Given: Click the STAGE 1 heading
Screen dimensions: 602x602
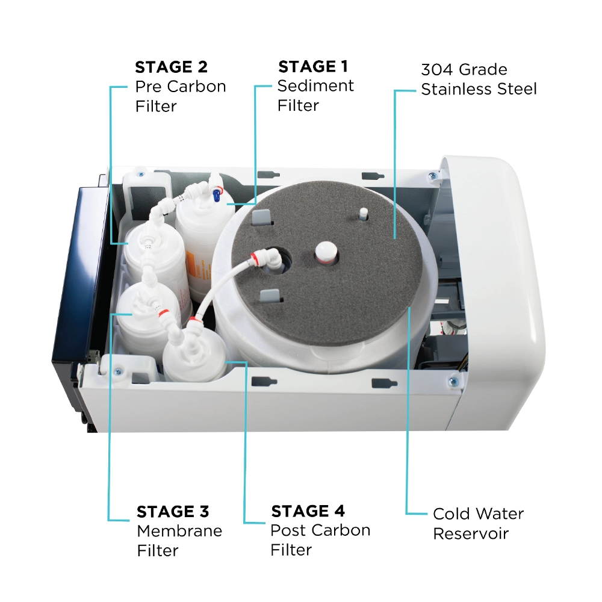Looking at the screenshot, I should (x=312, y=66).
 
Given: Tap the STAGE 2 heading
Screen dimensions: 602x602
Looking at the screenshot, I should (x=171, y=66).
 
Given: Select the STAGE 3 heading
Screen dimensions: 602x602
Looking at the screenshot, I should (x=173, y=512).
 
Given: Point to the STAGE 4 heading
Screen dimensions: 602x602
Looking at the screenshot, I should (x=308, y=512).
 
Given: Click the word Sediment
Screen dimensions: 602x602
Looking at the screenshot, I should (x=315, y=86).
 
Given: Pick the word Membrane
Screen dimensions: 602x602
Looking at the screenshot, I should (x=179, y=531).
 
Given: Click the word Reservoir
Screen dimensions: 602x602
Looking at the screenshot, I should (x=471, y=533).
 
